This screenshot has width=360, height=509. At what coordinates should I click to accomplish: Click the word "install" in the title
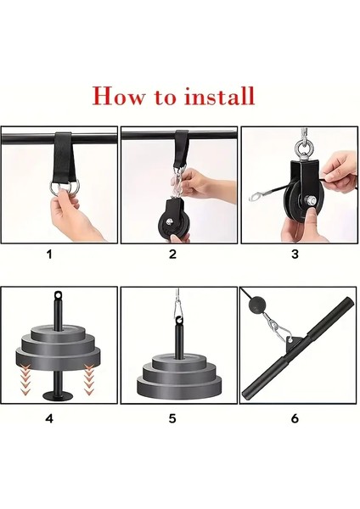[x=219, y=96]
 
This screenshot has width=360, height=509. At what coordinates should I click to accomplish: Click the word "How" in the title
[x=119, y=96]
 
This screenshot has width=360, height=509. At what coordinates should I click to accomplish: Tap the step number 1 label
[x=49, y=255]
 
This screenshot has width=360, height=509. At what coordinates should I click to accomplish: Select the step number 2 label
[x=172, y=255]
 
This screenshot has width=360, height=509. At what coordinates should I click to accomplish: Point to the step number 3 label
[x=295, y=255]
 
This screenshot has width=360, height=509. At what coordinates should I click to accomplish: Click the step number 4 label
[x=49, y=419]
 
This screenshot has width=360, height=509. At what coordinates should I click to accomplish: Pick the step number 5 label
[x=172, y=419]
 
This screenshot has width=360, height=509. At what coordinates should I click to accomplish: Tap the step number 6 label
[x=295, y=419]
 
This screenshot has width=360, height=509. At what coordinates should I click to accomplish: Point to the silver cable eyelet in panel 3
[x=257, y=196]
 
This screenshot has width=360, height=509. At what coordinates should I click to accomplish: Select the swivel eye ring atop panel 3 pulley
[x=303, y=148]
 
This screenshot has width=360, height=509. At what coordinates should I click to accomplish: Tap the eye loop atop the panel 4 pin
[x=58, y=295]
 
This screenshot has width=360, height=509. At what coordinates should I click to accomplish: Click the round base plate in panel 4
[x=59, y=395]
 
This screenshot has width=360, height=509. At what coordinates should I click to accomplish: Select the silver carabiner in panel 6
[x=277, y=328]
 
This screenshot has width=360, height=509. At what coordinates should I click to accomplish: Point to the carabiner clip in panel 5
[x=177, y=310]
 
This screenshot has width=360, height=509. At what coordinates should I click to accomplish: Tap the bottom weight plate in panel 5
[x=179, y=387]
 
